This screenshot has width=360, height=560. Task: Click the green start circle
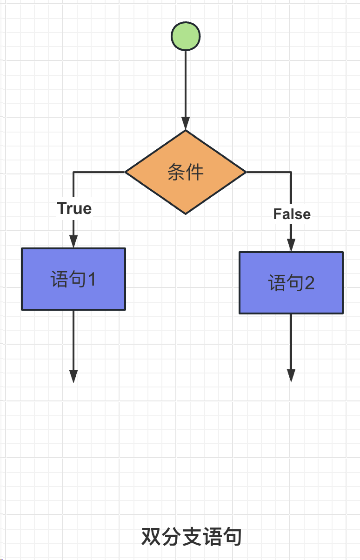click(186, 36)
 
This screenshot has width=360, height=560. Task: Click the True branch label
click(74, 208)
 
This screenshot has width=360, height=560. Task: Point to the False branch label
click(292, 214)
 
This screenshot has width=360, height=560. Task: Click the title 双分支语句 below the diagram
click(192, 537)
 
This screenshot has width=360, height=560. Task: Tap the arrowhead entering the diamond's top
click(186, 124)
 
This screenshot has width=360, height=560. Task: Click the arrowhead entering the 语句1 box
click(73, 241)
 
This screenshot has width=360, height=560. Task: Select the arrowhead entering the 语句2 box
click(291, 245)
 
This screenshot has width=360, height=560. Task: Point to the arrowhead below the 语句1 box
click(73, 376)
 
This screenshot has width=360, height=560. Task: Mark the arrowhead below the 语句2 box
click(291, 376)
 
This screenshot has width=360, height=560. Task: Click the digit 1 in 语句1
click(91, 280)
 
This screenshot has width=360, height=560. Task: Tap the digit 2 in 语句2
click(309, 283)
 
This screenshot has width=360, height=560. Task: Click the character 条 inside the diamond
click(176, 173)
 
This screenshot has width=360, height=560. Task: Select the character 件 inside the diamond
click(195, 173)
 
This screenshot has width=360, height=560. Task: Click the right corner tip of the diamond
click(245, 172)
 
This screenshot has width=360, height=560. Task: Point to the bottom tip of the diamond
click(186, 213)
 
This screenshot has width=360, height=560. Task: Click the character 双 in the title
click(151, 537)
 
